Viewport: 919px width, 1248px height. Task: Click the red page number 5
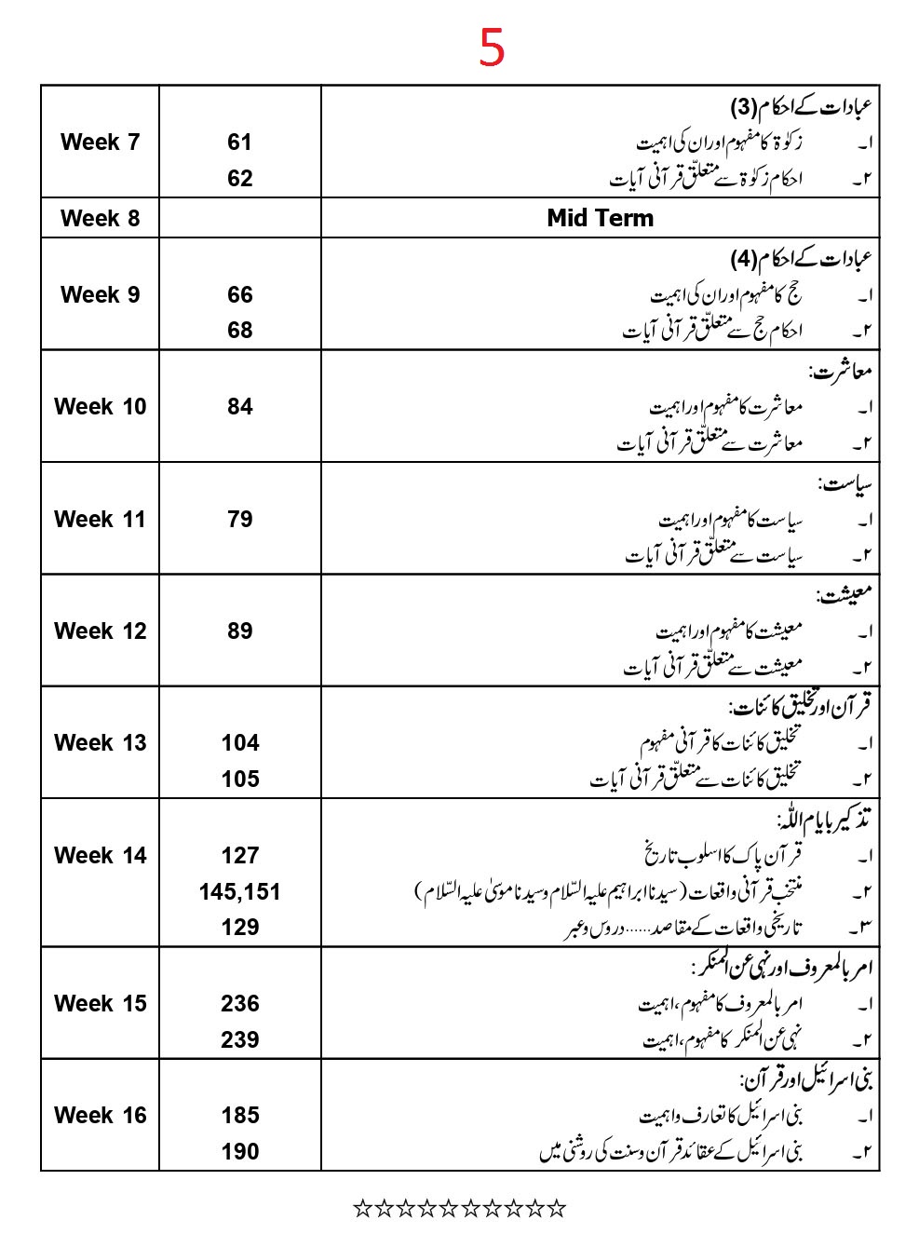(x=492, y=47)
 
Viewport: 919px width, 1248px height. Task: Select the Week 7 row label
(x=100, y=142)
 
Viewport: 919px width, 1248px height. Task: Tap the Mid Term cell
(x=600, y=218)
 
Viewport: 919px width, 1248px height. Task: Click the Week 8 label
(x=100, y=219)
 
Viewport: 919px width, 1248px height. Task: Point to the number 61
(x=239, y=142)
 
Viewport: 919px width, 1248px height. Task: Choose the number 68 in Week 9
(x=239, y=331)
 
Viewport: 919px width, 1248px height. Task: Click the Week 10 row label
(x=100, y=407)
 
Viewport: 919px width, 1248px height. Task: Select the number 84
(x=239, y=407)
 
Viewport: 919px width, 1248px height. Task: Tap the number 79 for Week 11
(x=239, y=520)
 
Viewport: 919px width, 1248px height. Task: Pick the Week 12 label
(x=100, y=631)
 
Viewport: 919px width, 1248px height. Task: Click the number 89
(x=239, y=631)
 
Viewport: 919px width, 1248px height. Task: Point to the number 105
(x=239, y=780)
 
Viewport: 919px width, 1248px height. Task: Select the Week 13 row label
(x=100, y=743)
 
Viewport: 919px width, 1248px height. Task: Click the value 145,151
(x=239, y=892)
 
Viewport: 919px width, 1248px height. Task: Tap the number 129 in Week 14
(x=239, y=928)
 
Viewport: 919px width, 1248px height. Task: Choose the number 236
(x=239, y=1004)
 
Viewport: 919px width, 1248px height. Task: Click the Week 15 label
(x=100, y=1004)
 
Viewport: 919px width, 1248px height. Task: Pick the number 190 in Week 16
(x=239, y=1152)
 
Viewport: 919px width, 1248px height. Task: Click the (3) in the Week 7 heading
(x=744, y=107)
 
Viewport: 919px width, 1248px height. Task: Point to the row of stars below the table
(x=459, y=1209)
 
